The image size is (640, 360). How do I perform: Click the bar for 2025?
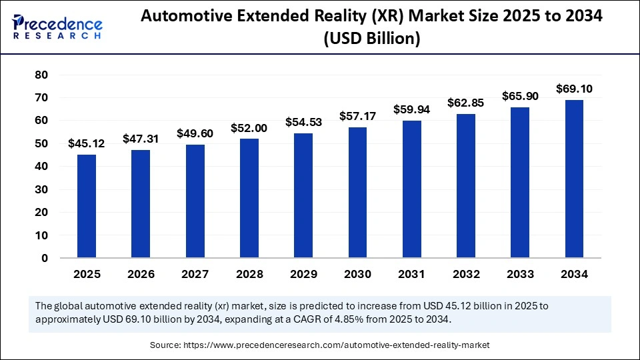click(x=87, y=206)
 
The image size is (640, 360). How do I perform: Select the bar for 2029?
click(x=303, y=195)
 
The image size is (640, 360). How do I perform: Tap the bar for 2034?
click(x=574, y=179)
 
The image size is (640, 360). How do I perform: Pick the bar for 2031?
click(x=411, y=189)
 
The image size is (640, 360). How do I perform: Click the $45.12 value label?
click(x=85, y=143)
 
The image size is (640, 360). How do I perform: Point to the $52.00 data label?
click(x=249, y=128)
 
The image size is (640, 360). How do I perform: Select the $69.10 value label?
click(x=574, y=89)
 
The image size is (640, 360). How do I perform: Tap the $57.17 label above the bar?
click(x=357, y=116)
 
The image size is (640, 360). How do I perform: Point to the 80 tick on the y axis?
click(x=41, y=75)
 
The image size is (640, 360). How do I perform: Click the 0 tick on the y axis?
click(x=45, y=258)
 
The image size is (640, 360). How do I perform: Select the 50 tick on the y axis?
click(x=41, y=143)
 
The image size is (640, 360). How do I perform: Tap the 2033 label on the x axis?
click(x=519, y=274)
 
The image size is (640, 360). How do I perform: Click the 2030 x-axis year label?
click(x=357, y=274)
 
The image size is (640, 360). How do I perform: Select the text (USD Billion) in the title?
click(x=371, y=39)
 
